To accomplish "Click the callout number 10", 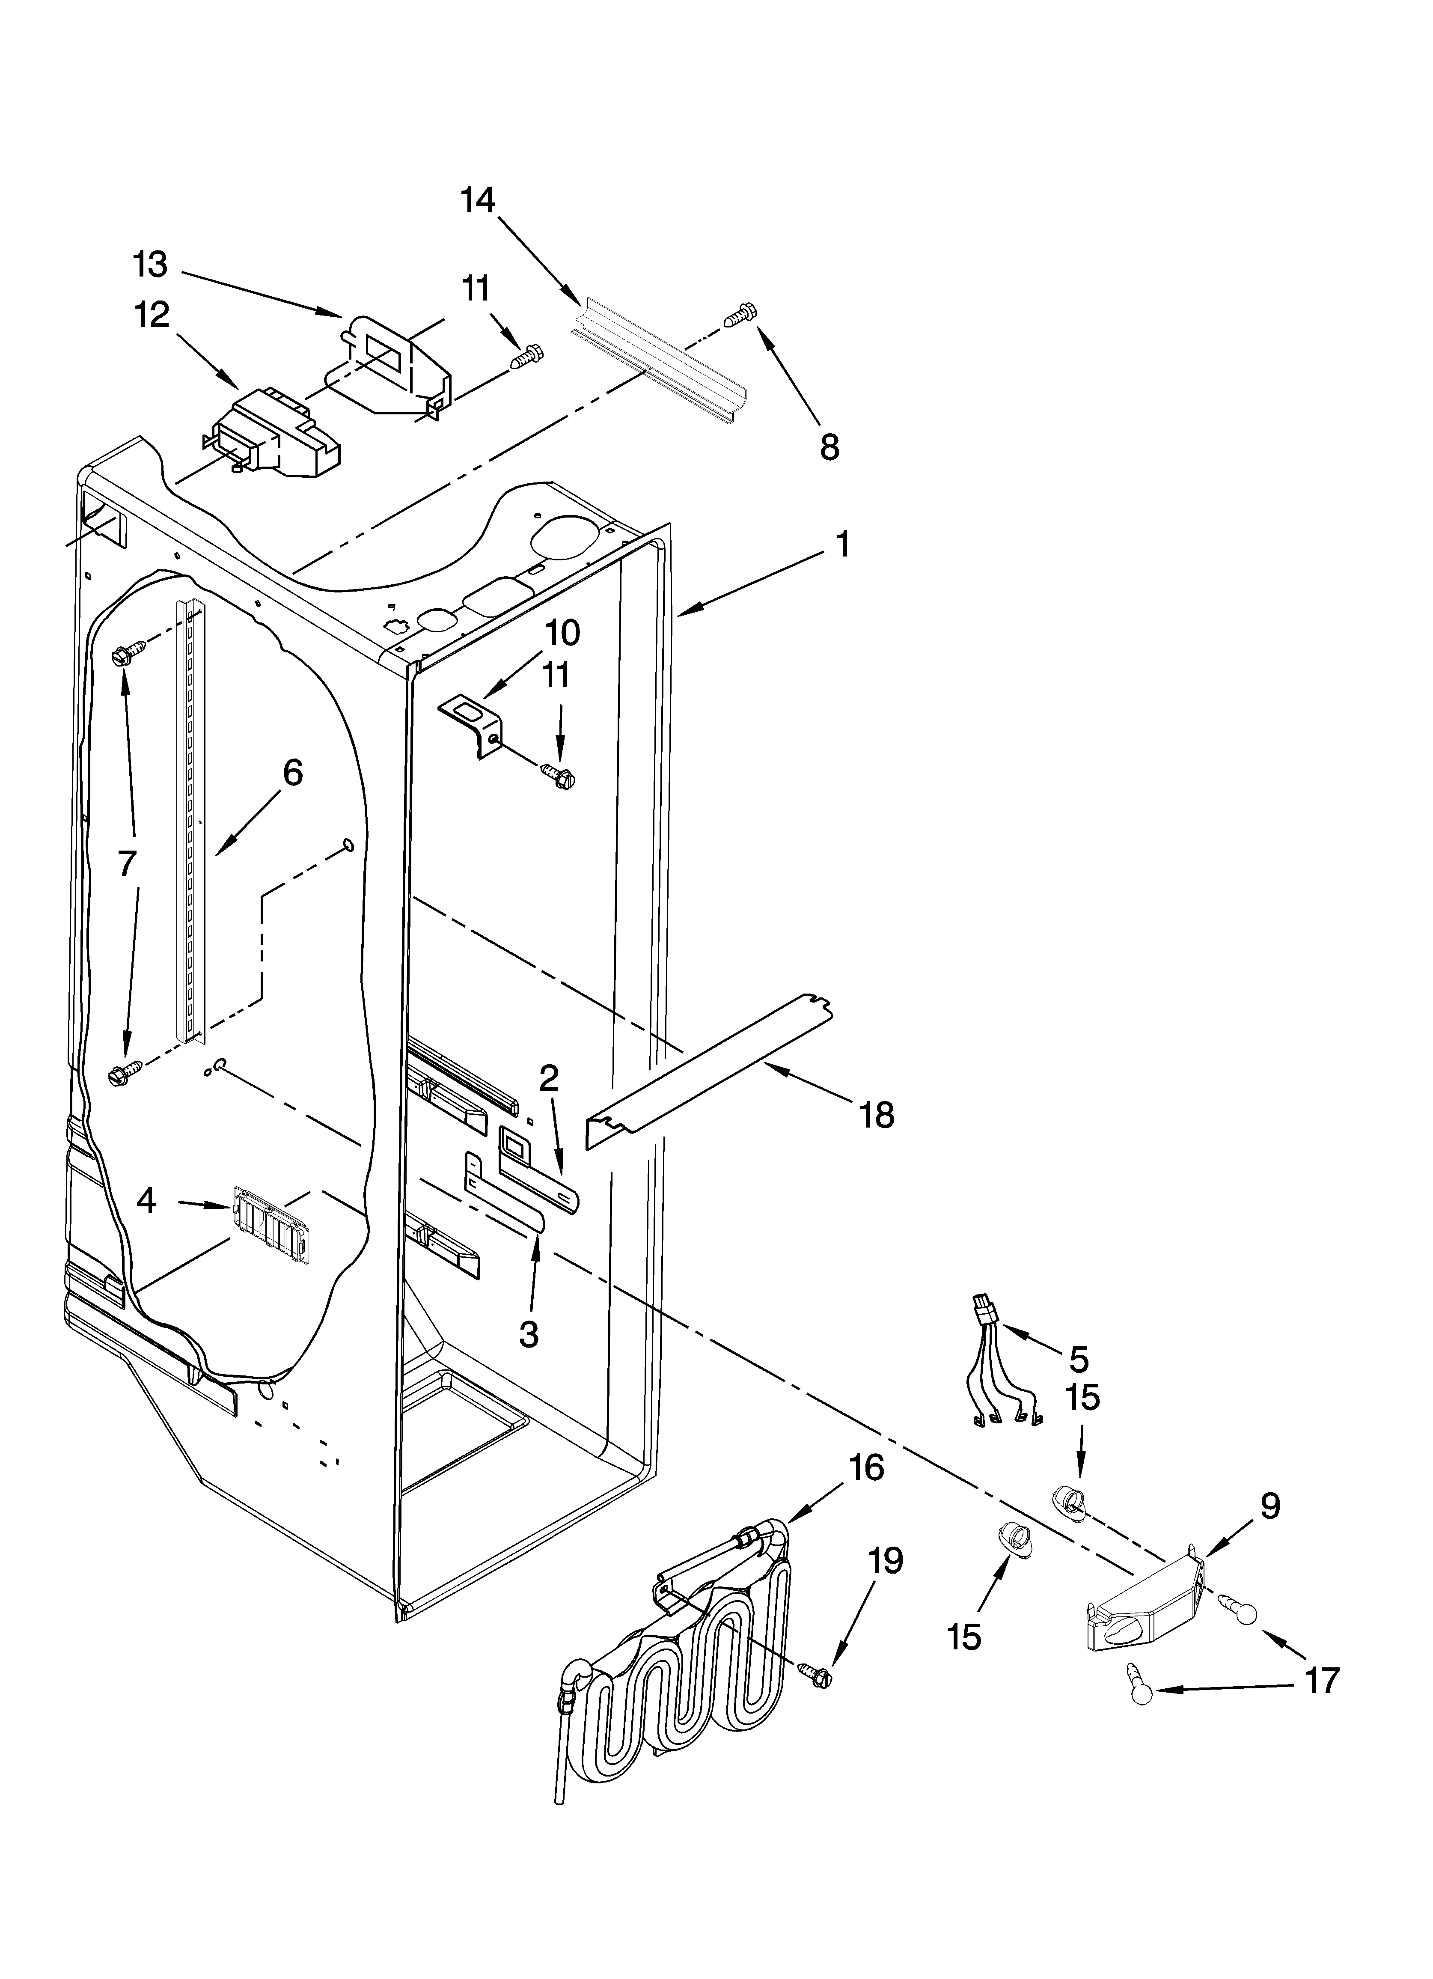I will point(563,633).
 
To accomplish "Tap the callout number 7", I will point(128,864).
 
